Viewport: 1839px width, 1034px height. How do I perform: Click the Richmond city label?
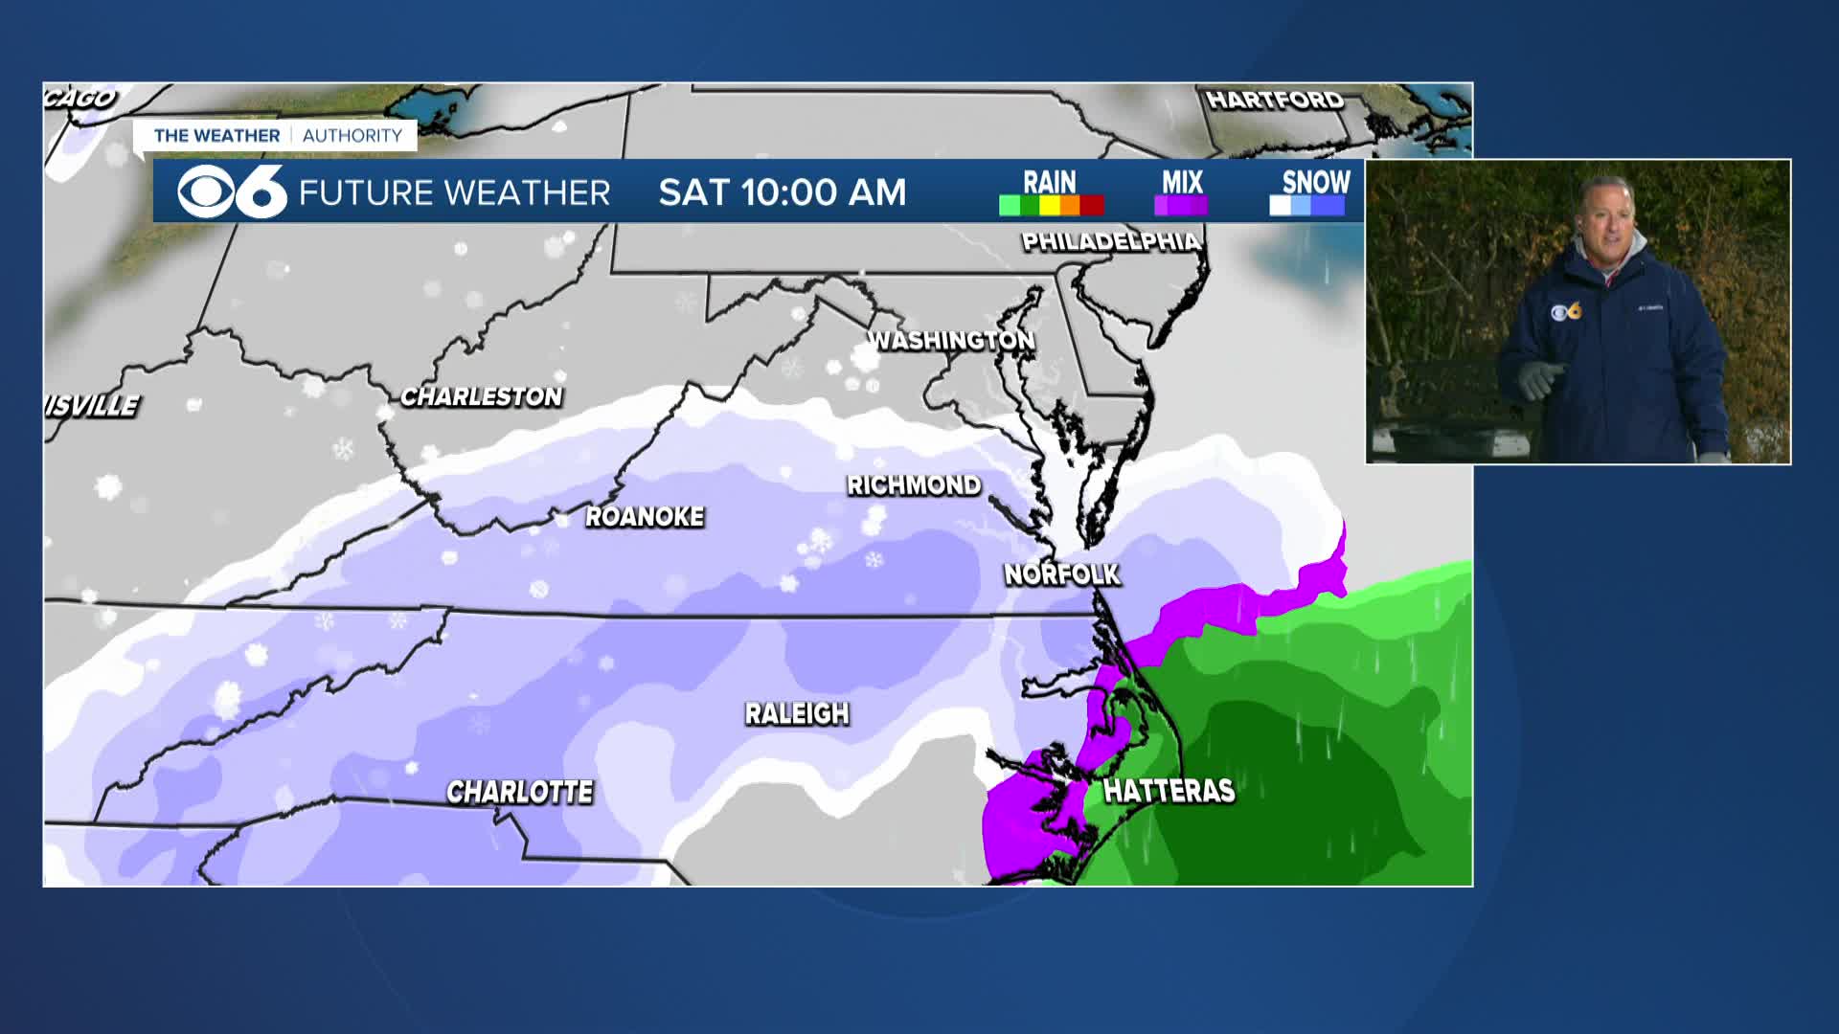pos(914,485)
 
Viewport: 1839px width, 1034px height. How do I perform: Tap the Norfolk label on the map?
pos(1061,574)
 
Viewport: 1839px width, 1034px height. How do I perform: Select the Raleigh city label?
pos(797,713)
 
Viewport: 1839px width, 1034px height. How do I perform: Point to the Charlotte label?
pos(520,792)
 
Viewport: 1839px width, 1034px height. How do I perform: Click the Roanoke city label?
pos(645,517)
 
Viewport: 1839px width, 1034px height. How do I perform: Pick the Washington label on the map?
pos(951,340)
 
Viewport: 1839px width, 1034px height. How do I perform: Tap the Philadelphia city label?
pos(1111,241)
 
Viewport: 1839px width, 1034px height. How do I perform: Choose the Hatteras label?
pos(1169,791)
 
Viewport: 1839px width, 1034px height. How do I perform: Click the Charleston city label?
pos(482,396)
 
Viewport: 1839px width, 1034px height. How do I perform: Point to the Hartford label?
pos(1275,100)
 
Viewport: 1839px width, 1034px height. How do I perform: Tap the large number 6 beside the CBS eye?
pos(261,192)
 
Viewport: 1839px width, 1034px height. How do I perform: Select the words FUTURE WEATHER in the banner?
pos(454,193)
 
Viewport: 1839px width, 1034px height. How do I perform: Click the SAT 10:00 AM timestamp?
pos(782,192)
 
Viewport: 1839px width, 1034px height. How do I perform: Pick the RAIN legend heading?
pos(1050,181)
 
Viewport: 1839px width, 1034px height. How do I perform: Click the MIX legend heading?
pos(1182,181)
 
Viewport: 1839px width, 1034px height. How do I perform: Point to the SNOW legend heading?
pos(1316,181)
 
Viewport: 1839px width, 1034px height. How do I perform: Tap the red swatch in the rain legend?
pos(1092,205)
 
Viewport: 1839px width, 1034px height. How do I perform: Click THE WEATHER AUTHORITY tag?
pos(278,136)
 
